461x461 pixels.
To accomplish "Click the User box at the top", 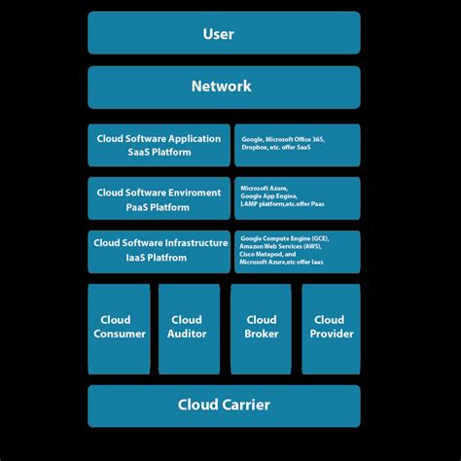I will [x=224, y=33].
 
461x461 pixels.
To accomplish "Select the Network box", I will [x=224, y=87].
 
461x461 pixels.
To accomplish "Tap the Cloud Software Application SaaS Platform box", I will [x=159, y=145].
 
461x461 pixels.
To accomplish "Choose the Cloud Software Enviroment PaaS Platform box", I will [x=159, y=198].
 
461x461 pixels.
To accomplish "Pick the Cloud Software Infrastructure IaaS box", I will [x=159, y=251].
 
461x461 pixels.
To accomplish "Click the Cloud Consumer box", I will [x=119, y=329].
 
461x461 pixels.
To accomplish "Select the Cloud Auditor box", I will [x=187, y=329].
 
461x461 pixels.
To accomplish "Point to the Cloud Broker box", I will [x=262, y=329].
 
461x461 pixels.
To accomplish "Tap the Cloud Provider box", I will [x=331, y=329].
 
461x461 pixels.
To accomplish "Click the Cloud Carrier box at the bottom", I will [x=224, y=406].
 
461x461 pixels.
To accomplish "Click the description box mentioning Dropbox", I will [x=297, y=145].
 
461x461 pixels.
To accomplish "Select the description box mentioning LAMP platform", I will [x=297, y=198].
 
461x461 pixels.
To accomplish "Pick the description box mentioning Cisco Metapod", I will [x=297, y=251].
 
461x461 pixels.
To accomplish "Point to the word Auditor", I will [x=187, y=335].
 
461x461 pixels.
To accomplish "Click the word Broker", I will [x=262, y=335].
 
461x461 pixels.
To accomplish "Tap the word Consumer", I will [x=120, y=335].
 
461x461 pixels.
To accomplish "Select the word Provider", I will [x=331, y=335].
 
